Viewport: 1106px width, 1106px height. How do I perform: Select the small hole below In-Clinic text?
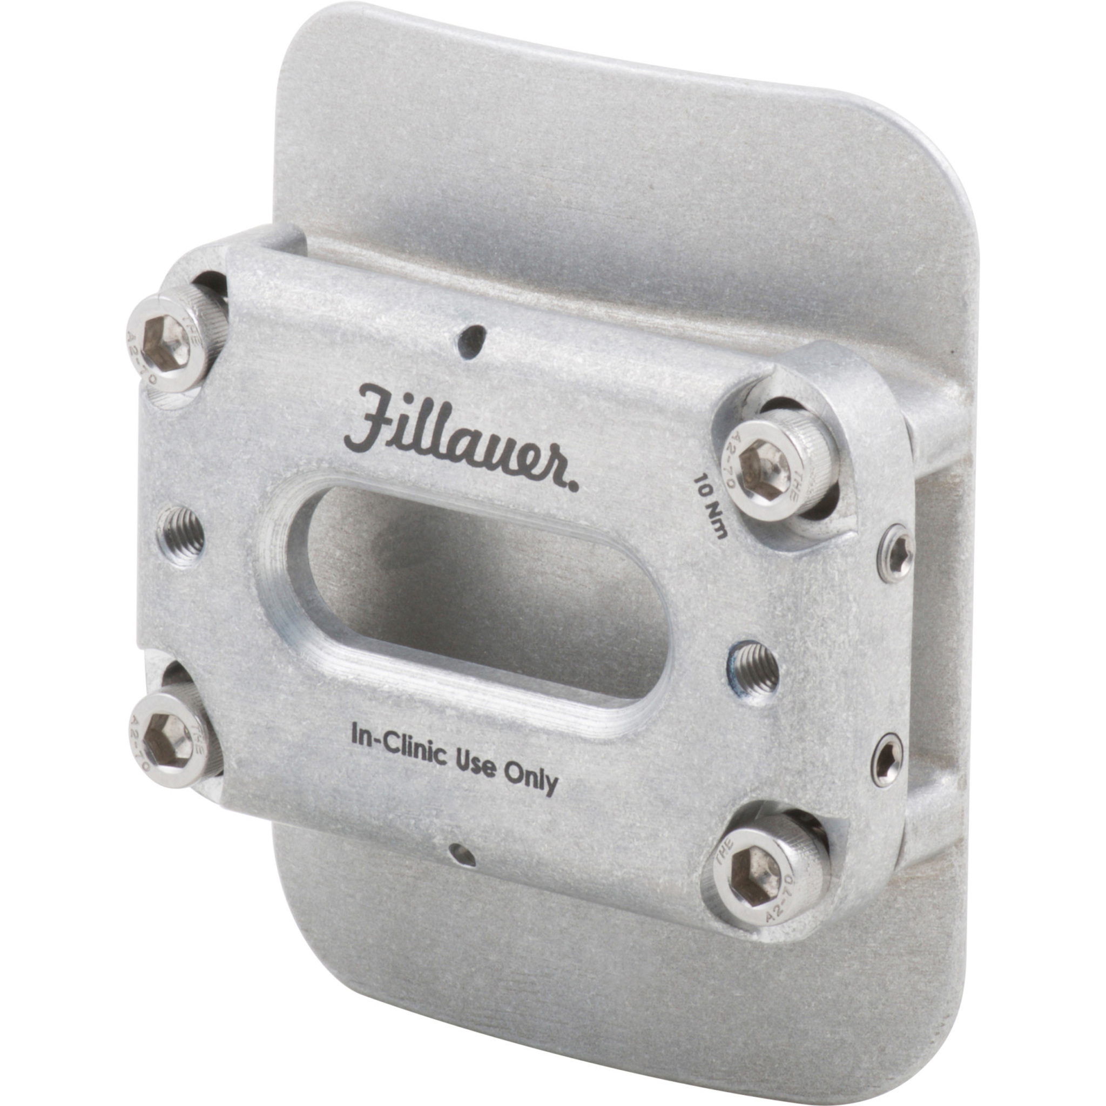tap(462, 855)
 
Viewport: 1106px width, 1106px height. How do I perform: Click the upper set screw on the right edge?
tap(897, 553)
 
